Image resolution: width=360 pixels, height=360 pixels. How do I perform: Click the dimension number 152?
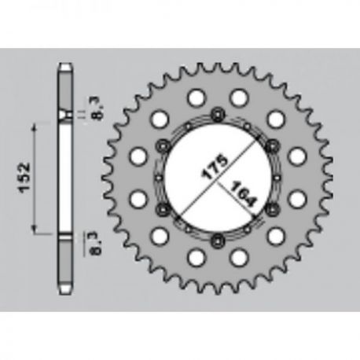(x=26, y=178)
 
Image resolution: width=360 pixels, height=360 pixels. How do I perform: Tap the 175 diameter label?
(x=214, y=167)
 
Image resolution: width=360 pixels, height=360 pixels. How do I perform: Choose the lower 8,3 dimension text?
(x=96, y=244)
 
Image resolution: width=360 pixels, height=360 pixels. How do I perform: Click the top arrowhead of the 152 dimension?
(x=34, y=127)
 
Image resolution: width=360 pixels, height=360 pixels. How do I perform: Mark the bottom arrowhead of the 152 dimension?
(x=34, y=230)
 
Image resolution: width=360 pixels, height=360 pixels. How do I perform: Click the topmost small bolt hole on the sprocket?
(x=218, y=115)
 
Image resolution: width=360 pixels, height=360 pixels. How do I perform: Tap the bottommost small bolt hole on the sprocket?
(x=218, y=240)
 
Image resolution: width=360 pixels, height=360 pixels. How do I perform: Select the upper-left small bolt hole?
(x=163, y=145)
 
